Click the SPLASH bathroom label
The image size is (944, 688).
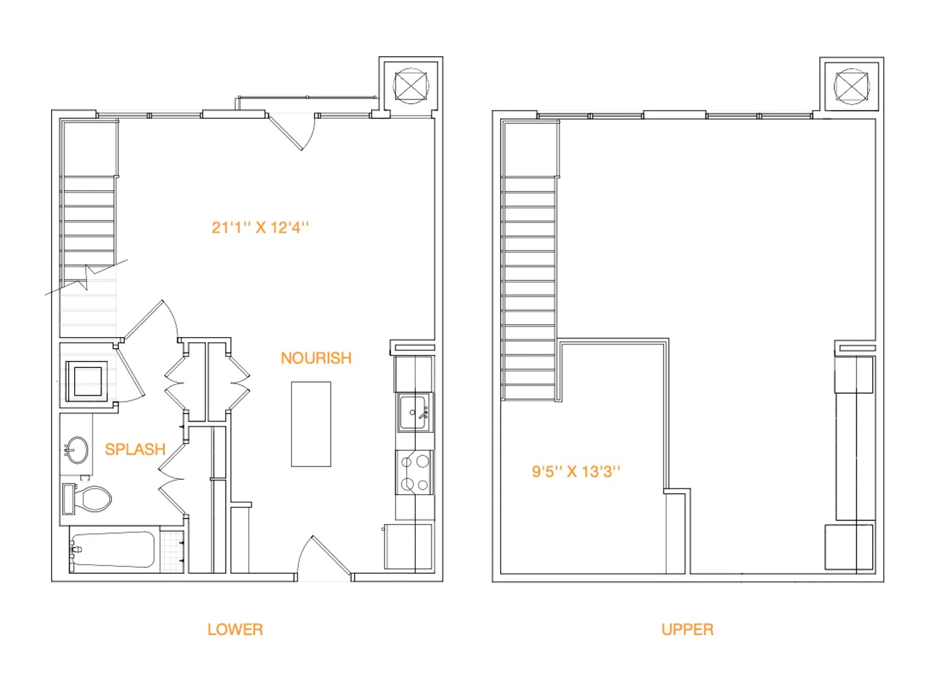pyautogui.click(x=135, y=449)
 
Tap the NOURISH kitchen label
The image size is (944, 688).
pyautogui.click(x=316, y=358)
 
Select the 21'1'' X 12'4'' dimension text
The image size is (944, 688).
pyautogui.click(x=260, y=228)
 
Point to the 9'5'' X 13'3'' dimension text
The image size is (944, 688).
pyautogui.click(x=576, y=472)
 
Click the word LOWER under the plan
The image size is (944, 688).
pyautogui.click(x=235, y=630)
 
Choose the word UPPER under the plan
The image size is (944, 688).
pyautogui.click(x=687, y=630)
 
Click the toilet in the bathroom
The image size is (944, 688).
pyautogui.click(x=89, y=499)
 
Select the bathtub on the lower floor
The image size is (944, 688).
pyautogui.click(x=114, y=550)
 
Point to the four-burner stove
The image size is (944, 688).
pyautogui.click(x=415, y=473)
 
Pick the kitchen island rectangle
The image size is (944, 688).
pyautogui.click(x=311, y=424)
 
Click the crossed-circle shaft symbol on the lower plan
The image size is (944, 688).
pyautogui.click(x=411, y=86)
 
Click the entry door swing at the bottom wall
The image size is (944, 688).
pyautogui.click(x=321, y=556)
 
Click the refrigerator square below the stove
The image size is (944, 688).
pyautogui.click(x=408, y=546)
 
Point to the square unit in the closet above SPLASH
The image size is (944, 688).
pyautogui.click(x=87, y=381)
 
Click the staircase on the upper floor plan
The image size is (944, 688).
pyautogui.click(x=528, y=287)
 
